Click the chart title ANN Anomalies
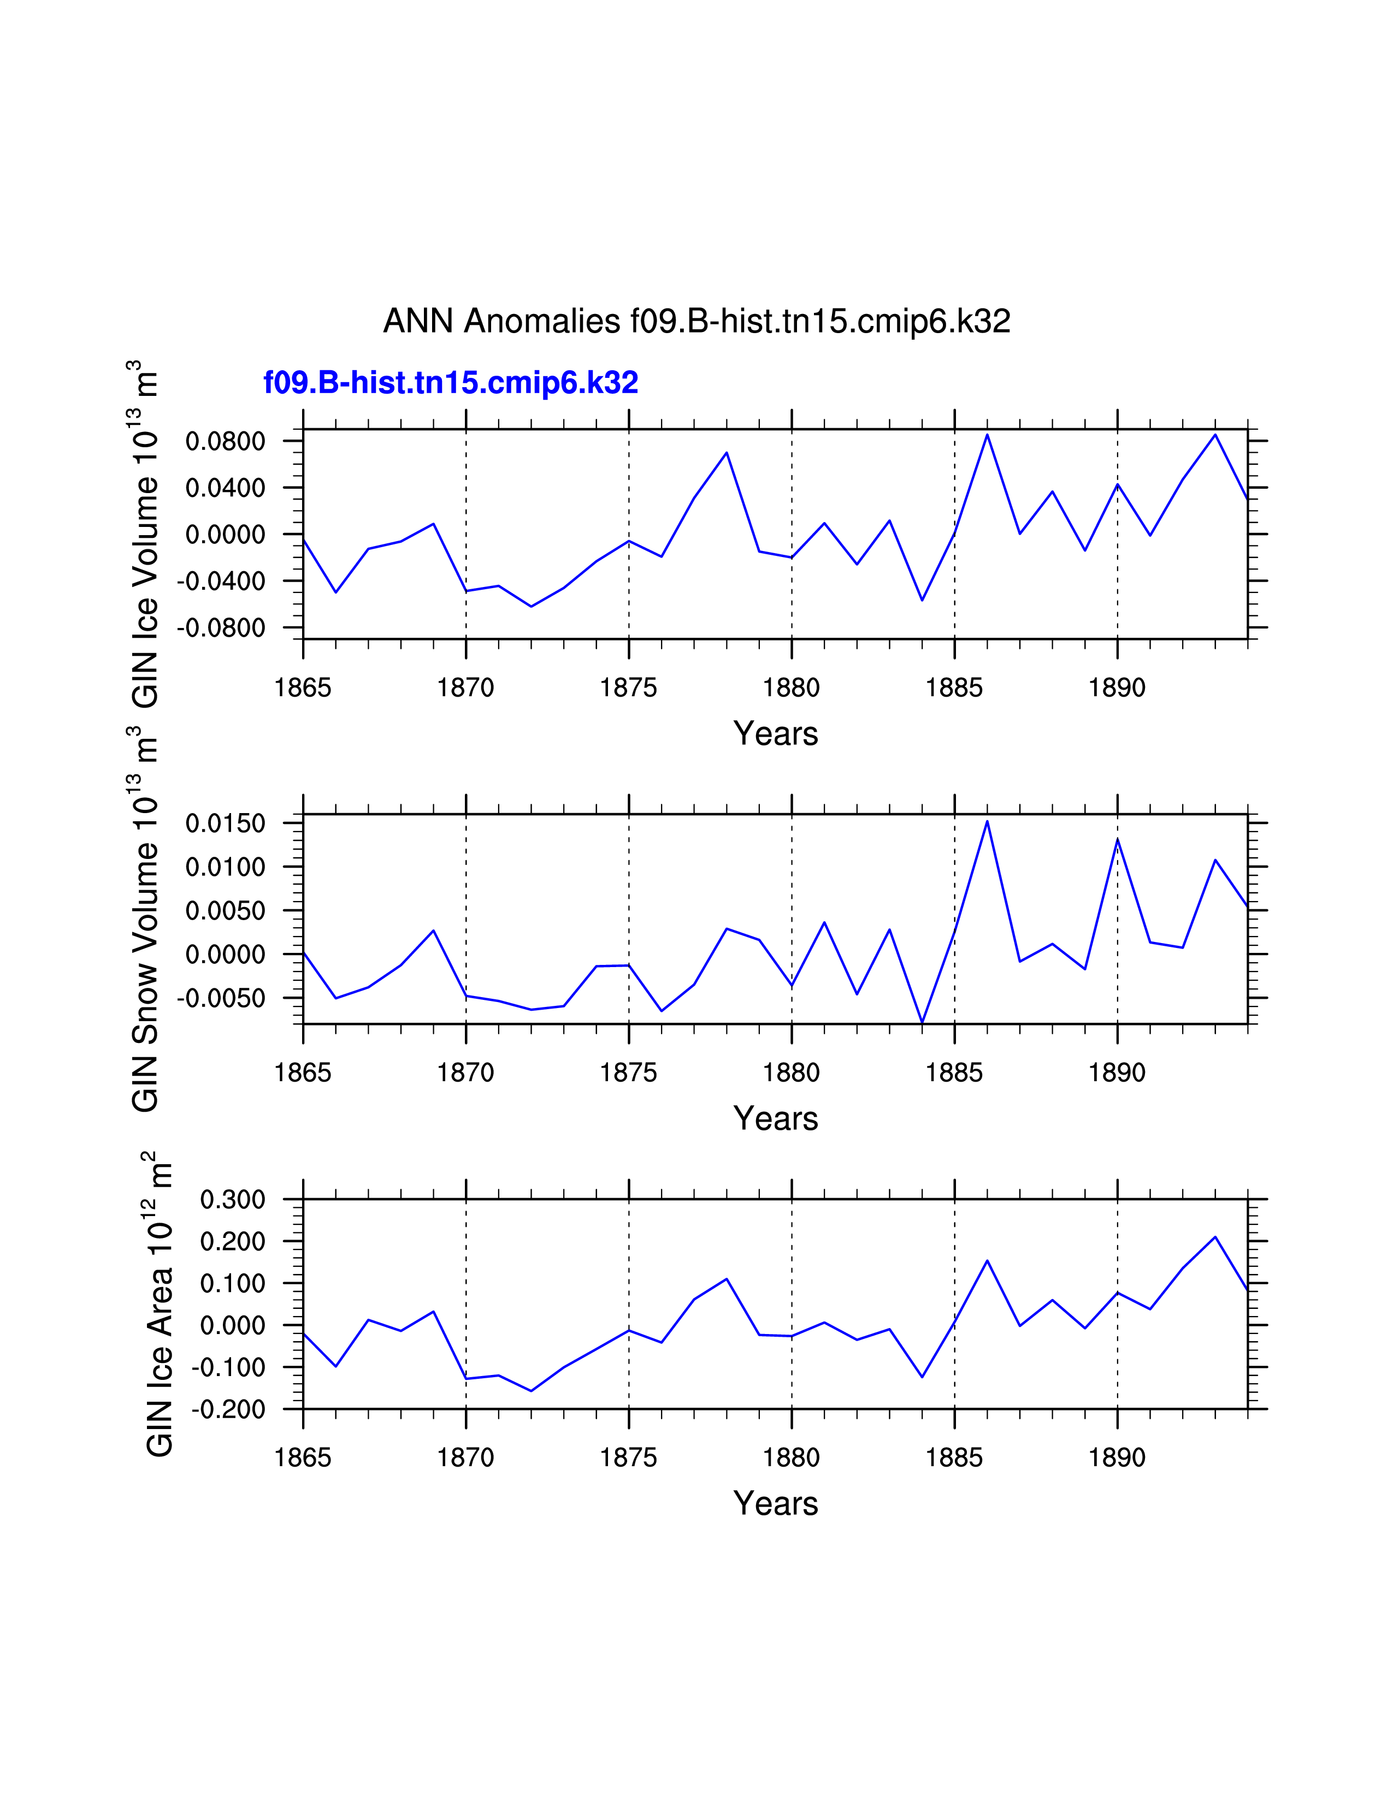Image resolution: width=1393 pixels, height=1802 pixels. tap(696, 321)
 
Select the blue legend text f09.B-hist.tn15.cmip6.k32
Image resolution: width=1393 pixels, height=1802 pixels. tap(451, 383)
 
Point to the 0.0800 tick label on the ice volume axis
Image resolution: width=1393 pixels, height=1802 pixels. tap(225, 441)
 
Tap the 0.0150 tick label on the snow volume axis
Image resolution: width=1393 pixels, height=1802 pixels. tap(225, 823)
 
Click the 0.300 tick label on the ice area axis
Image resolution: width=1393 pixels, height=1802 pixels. tap(233, 1200)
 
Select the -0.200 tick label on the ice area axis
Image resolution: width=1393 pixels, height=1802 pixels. tap(228, 1409)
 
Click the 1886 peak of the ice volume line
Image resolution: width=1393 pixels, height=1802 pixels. tap(987, 435)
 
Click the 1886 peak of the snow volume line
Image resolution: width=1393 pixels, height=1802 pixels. tap(987, 821)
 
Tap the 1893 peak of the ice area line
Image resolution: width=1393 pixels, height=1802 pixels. tap(1215, 1237)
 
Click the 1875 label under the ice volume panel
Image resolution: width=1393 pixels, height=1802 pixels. tap(629, 687)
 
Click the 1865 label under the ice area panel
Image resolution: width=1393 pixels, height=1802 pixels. tap(303, 1458)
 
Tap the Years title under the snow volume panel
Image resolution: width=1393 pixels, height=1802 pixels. tap(775, 1119)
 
